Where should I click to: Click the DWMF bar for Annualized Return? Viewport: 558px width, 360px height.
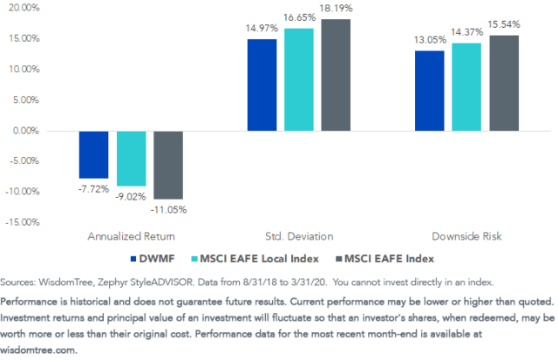(94, 153)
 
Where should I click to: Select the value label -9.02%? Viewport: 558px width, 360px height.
(132, 196)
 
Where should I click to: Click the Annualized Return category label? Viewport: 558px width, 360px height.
(131, 236)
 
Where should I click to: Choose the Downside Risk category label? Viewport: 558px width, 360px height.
(466, 236)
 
